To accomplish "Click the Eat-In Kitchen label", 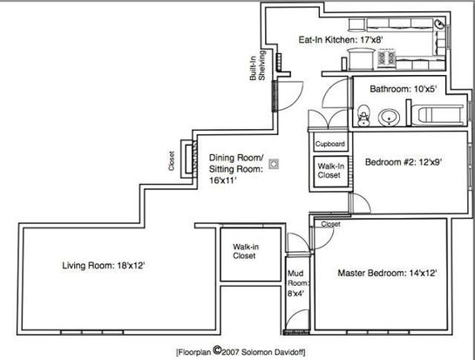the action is click(x=341, y=40).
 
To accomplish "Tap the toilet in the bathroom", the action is click(x=363, y=115).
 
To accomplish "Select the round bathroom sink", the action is click(x=389, y=118).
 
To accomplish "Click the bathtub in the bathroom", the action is click(x=438, y=115).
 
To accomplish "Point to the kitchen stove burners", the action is click(x=386, y=58).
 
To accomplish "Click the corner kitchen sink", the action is click(x=439, y=24).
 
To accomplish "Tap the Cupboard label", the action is click(x=330, y=144).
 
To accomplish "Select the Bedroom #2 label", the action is click(x=404, y=162).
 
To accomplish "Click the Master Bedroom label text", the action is click(x=387, y=273).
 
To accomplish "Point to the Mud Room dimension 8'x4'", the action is click(x=296, y=294).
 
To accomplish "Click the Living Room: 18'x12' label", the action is click(x=104, y=266).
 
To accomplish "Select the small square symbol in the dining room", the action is click(x=274, y=164).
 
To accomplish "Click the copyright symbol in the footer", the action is click(x=217, y=350).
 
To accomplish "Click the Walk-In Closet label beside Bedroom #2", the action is click(x=330, y=171).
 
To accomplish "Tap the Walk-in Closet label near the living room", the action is click(x=246, y=251).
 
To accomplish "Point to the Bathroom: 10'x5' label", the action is click(x=403, y=89).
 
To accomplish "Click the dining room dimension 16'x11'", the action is click(x=223, y=180).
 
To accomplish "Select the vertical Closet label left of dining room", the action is click(x=172, y=161).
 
